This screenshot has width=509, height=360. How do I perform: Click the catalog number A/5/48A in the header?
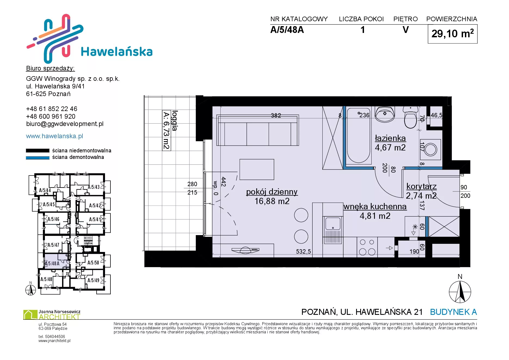coord(287,30)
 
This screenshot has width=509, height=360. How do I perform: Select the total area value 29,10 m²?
coord(452,33)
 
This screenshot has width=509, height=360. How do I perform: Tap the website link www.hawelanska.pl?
coord(54,136)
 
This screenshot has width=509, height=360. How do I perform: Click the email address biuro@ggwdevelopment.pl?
coord(65,124)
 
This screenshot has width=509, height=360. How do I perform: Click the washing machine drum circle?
coord(431,150)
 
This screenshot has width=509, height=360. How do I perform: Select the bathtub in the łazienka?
coord(359,136)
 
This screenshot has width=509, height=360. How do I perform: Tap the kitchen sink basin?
coord(332,224)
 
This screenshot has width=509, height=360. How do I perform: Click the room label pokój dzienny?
coord(272,192)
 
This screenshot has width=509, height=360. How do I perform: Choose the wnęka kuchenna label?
coord(375,207)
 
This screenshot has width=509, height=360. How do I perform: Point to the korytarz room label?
coord(421,186)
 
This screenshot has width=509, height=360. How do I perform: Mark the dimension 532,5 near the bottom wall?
coord(303,252)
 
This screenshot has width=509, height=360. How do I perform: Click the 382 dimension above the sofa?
coord(276,115)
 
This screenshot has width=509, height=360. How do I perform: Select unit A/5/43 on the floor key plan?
coord(94,187)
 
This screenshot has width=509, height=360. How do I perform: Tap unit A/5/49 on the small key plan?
coord(93,280)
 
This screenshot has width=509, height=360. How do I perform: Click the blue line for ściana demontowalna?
coord(38,158)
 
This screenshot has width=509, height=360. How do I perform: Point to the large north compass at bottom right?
coord(460,292)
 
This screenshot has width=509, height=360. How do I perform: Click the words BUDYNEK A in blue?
coord(454,312)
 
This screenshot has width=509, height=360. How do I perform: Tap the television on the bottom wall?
coord(245,250)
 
